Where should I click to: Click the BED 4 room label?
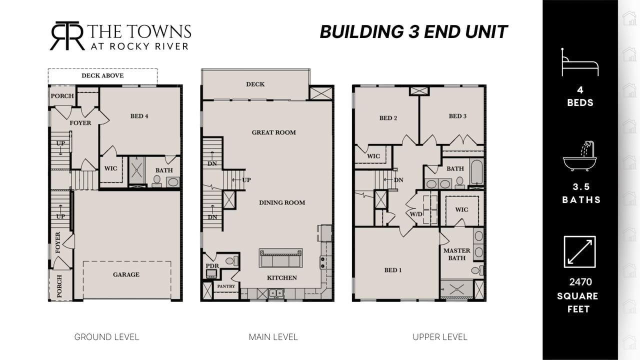(139, 116)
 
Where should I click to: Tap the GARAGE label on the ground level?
(126, 274)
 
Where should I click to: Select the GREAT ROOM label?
(273, 132)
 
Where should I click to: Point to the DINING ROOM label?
(282, 202)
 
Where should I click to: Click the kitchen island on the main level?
(280, 258)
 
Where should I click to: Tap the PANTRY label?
(226, 286)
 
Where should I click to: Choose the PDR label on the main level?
(212, 265)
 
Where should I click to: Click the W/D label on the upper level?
(416, 214)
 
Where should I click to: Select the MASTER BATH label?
(456, 254)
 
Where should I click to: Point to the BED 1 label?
(393, 270)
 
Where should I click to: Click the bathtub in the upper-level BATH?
(476, 171)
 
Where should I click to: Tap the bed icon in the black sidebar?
(579, 62)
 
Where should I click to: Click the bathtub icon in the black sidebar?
(579, 156)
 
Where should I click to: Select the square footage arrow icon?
(579, 251)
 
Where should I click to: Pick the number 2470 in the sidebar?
(580, 282)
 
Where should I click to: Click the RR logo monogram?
(67, 35)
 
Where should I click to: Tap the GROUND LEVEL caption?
(106, 337)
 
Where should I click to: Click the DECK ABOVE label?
(102, 75)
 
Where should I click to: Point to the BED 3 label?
(457, 116)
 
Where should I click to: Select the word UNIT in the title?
(486, 31)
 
